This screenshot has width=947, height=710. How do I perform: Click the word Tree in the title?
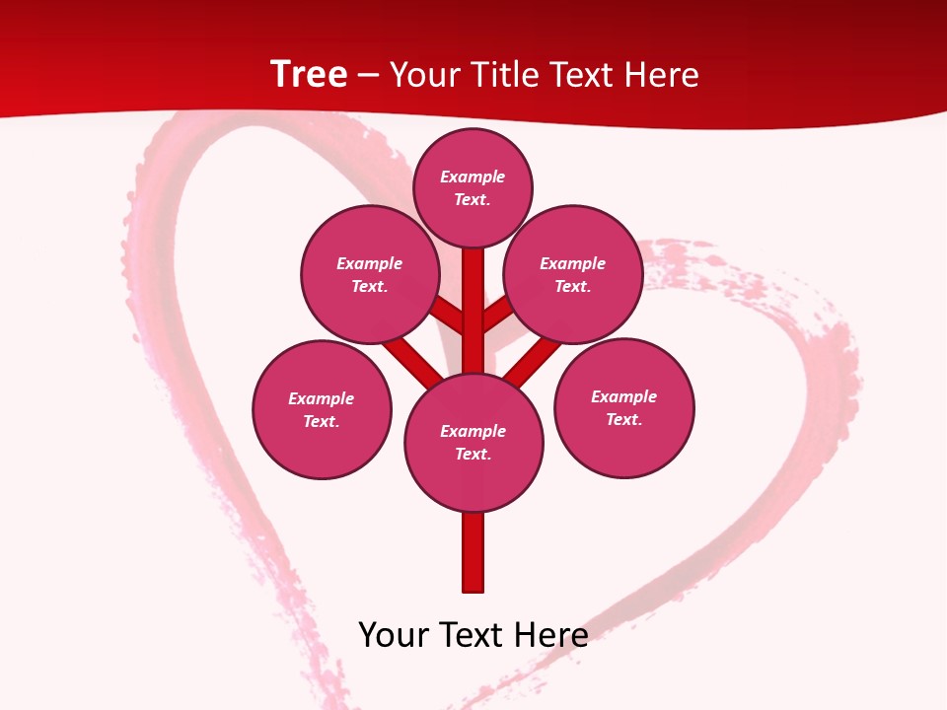309,75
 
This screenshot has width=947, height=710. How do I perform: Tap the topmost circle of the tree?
473,187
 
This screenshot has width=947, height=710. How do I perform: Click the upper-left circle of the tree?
370,274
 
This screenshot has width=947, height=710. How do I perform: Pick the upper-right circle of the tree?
573,274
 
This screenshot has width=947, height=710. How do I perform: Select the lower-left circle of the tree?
322,409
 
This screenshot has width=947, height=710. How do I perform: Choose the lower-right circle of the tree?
624,407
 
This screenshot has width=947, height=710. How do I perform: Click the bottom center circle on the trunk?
473,442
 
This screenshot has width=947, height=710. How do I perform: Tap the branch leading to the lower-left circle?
412,359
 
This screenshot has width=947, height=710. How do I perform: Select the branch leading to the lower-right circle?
533,360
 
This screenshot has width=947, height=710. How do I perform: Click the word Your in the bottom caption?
393,634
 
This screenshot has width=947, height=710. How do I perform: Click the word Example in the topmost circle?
473,177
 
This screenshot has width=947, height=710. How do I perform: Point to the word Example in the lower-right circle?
623,396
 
